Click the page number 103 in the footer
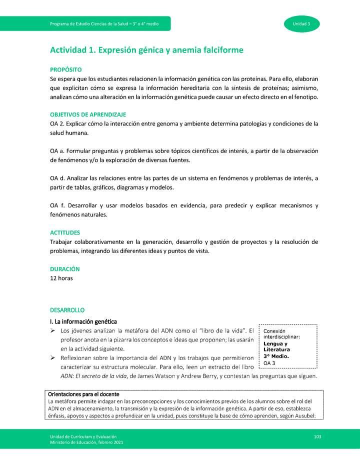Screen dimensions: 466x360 pyautogui.click(x=317, y=436)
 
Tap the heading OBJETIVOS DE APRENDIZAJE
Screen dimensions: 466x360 pyautogui.click(x=88, y=114)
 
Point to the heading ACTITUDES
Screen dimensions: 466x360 pyautogui.click(x=65, y=233)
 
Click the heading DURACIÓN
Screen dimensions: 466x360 pyautogui.click(x=64, y=269)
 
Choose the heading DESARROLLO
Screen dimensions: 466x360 pyautogui.click(x=67, y=310)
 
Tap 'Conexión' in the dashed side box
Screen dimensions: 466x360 pyautogui.click(x=274, y=331)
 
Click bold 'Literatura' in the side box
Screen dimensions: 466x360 pyautogui.click(x=276, y=349)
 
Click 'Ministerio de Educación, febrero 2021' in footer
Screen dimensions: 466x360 pyautogui.click(x=83, y=442)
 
